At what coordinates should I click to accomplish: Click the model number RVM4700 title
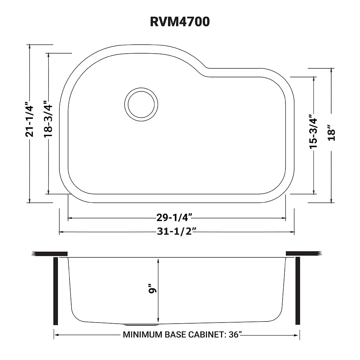coord(180,22)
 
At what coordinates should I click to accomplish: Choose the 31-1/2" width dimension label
coord(176,231)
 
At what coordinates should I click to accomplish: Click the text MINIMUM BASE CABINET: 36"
coord(182,335)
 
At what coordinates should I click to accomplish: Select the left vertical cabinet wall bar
coord(55,291)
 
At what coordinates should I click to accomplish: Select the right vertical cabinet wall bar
coord(297,291)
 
